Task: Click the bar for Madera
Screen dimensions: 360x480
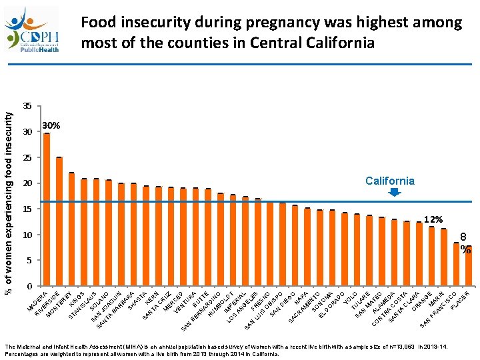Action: pyautogui.click(x=47, y=210)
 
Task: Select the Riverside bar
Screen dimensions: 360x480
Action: pyautogui.click(x=59, y=222)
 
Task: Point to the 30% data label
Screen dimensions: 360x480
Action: pyautogui.click(x=51, y=126)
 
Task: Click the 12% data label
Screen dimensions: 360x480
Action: pyautogui.click(x=433, y=219)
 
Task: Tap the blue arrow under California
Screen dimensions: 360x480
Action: pyautogui.click(x=394, y=193)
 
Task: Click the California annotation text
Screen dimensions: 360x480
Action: pyautogui.click(x=389, y=181)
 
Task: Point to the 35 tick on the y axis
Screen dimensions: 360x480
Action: pyautogui.click(x=27, y=107)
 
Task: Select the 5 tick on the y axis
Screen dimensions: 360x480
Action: pyautogui.click(x=29, y=261)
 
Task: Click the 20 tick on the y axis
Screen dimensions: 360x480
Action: pyautogui.click(x=27, y=183)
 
